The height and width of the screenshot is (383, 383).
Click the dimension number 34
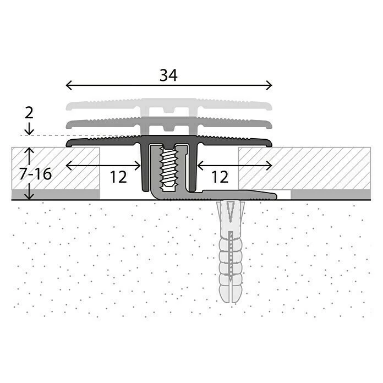(169, 76)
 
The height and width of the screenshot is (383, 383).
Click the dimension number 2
(29, 113)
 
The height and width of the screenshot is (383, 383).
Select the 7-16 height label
(34, 174)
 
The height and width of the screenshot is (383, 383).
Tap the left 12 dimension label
(118, 177)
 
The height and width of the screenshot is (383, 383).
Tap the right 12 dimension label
(219, 177)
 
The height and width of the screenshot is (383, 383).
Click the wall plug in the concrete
(231, 253)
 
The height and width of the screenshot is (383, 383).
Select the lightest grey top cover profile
(169, 105)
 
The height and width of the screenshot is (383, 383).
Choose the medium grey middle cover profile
(169, 123)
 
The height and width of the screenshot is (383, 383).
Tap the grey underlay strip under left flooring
(55, 194)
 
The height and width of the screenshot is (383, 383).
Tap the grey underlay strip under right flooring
(330, 194)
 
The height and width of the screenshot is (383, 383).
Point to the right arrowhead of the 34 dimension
(270, 85)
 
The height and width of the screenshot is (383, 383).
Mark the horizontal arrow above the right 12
(234, 165)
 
